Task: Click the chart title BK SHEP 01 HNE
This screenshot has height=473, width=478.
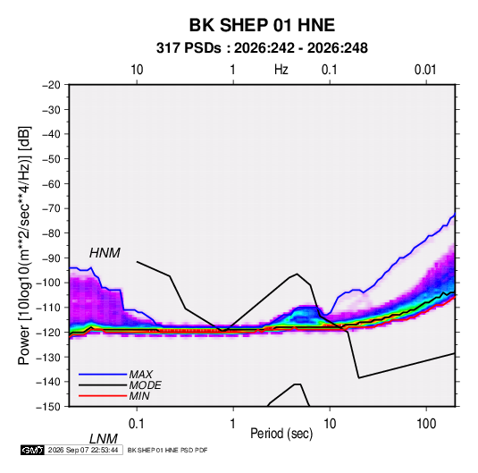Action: [262, 25]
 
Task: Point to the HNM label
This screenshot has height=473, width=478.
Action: [105, 253]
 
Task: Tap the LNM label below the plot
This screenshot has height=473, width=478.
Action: [104, 439]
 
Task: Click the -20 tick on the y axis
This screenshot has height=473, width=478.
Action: [51, 85]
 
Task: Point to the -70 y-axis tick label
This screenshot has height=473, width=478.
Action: [51, 208]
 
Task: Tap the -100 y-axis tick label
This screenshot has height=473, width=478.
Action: [48, 283]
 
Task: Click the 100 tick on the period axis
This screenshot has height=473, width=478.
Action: [426, 424]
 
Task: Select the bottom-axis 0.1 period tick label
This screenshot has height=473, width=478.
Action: [137, 424]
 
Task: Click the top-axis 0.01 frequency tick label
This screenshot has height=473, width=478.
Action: [425, 70]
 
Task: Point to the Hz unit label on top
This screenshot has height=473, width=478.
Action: [281, 70]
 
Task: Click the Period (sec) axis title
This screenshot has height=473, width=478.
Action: [281, 434]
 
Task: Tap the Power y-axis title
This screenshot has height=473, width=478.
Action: [24, 245]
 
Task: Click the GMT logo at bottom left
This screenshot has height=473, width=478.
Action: [33, 450]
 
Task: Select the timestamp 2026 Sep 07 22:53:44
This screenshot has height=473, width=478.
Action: [83, 450]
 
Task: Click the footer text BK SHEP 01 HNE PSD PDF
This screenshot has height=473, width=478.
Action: [167, 450]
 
